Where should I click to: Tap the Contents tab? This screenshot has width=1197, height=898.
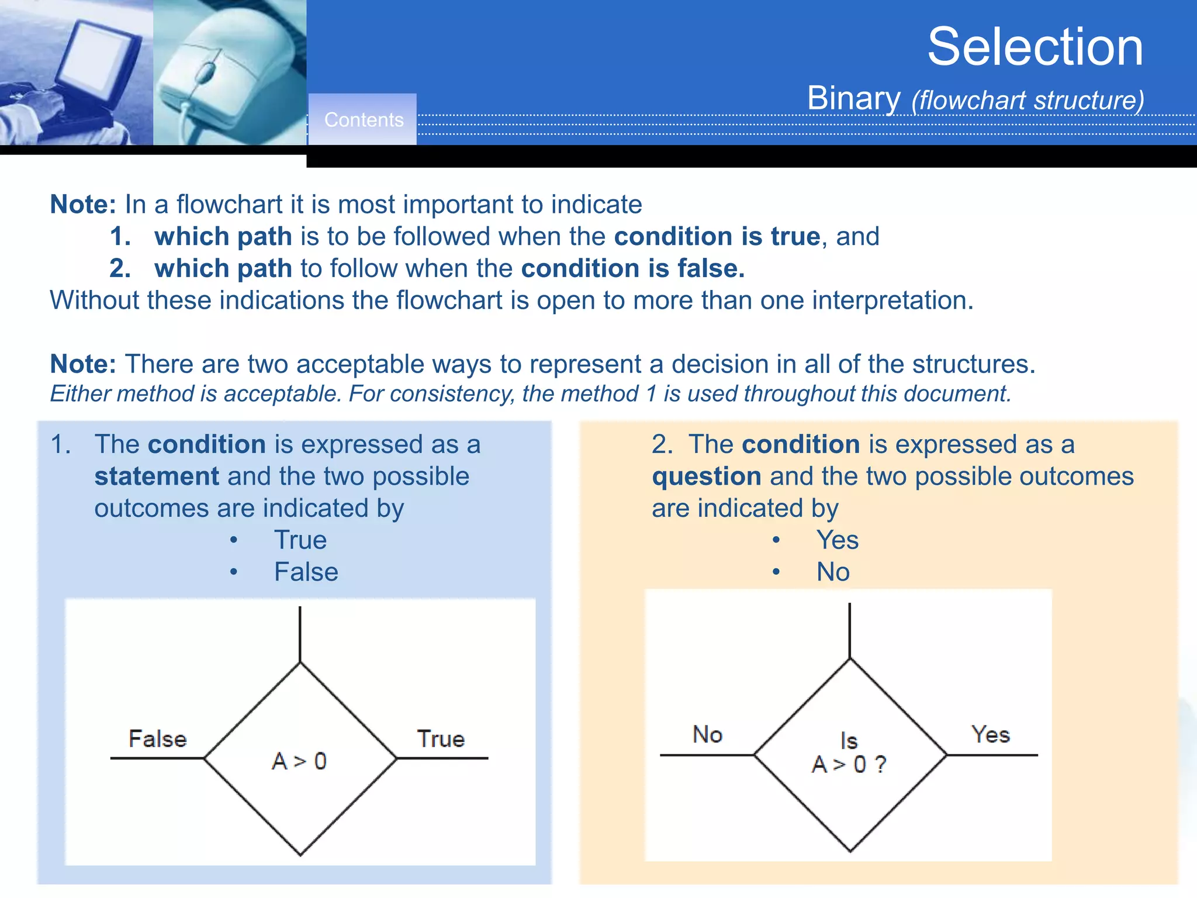[x=364, y=120]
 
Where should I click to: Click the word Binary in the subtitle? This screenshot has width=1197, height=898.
[x=853, y=98]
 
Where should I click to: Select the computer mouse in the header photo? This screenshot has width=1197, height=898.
[x=225, y=70]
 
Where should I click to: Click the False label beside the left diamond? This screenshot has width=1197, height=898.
[x=157, y=739]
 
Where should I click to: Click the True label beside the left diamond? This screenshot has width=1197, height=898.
[x=441, y=739]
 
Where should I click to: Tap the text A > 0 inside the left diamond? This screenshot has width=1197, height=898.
[x=299, y=761]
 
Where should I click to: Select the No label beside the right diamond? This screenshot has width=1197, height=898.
[x=707, y=734]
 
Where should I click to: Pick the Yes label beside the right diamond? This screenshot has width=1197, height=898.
[x=990, y=734]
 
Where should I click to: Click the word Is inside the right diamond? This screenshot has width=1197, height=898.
[x=849, y=741]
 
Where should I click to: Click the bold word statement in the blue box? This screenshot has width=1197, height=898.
[x=157, y=476]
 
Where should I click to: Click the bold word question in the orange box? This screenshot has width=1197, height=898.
[x=706, y=476]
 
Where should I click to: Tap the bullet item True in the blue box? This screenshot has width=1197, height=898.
[x=300, y=540]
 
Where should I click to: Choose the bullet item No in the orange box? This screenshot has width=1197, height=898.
[x=833, y=572]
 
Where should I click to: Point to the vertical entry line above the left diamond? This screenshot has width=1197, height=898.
[x=300, y=634]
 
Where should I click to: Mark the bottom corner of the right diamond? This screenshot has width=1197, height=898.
[x=850, y=851]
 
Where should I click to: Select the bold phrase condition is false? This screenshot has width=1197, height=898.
[x=632, y=269]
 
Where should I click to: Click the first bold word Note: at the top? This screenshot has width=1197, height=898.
[x=83, y=205]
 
